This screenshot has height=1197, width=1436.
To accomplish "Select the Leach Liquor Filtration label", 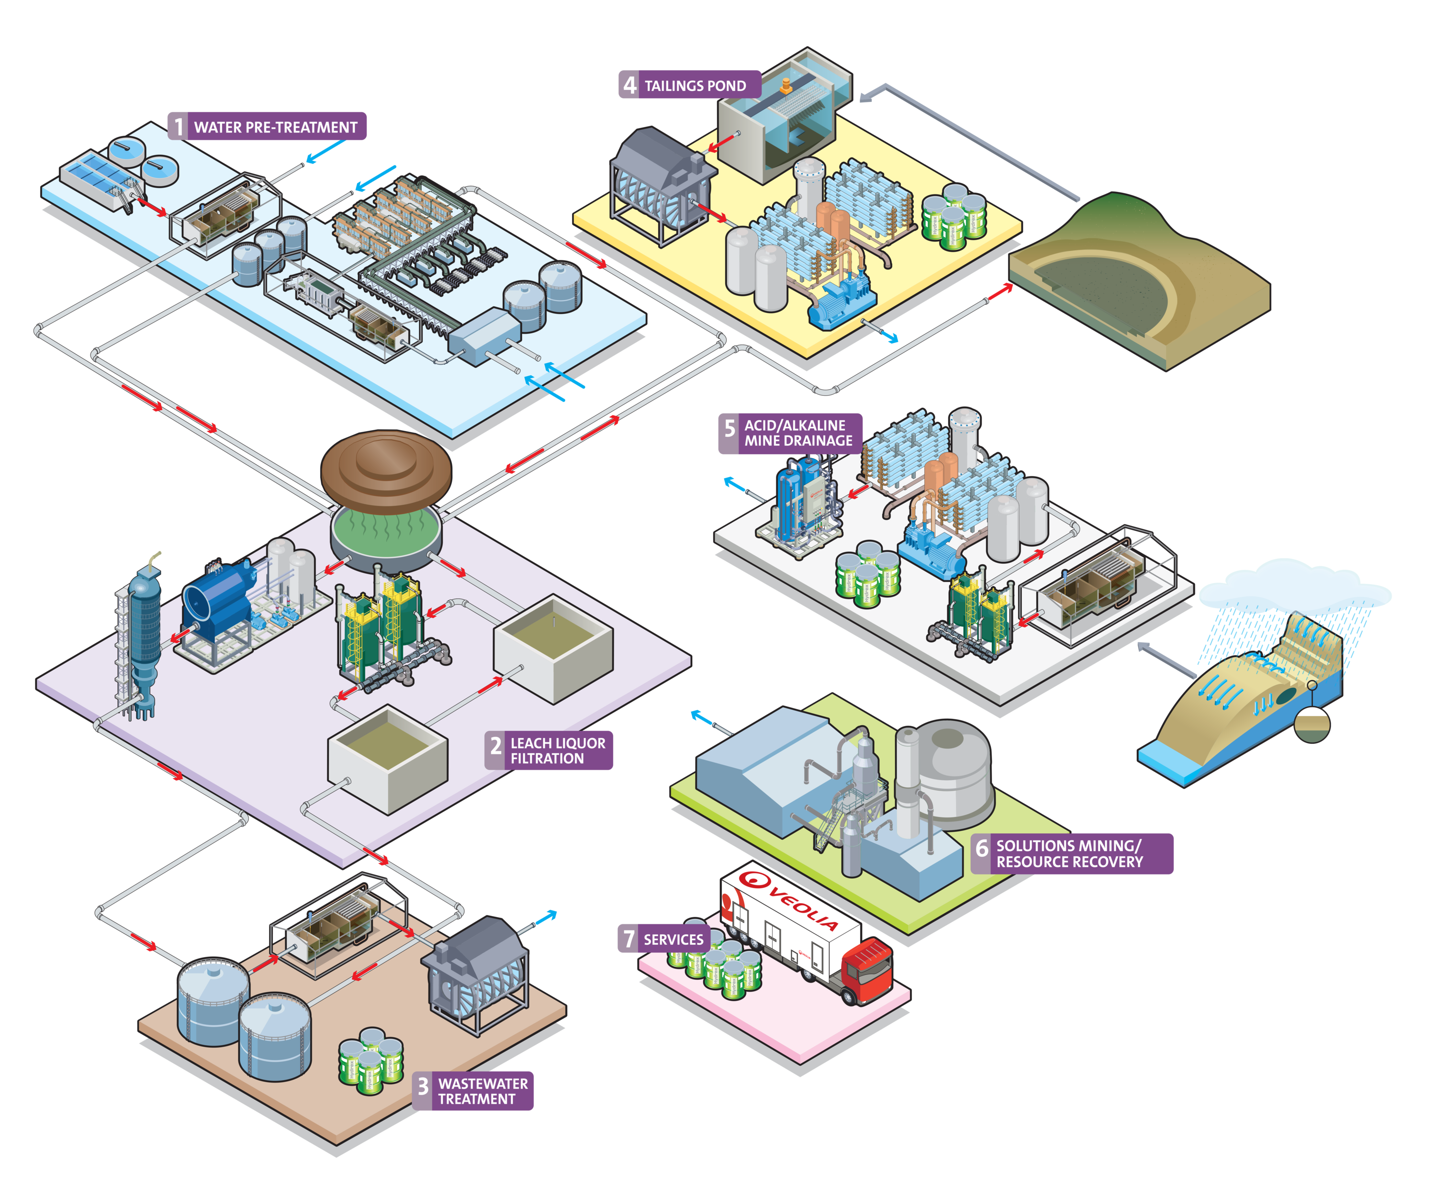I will pyautogui.click(x=557, y=750).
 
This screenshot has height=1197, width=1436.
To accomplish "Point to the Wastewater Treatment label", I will pyautogui.click(x=483, y=1091).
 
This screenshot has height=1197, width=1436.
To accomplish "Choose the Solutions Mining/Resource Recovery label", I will pyautogui.click(x=1069, y=854).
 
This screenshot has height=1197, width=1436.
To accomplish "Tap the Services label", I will pyautogui.click(x=673, y=940).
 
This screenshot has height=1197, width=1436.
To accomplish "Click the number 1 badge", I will pyautogui.click(x=179, y=127).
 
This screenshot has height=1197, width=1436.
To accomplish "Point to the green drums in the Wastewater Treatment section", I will pyautogui.click(x=370, y=1060).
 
